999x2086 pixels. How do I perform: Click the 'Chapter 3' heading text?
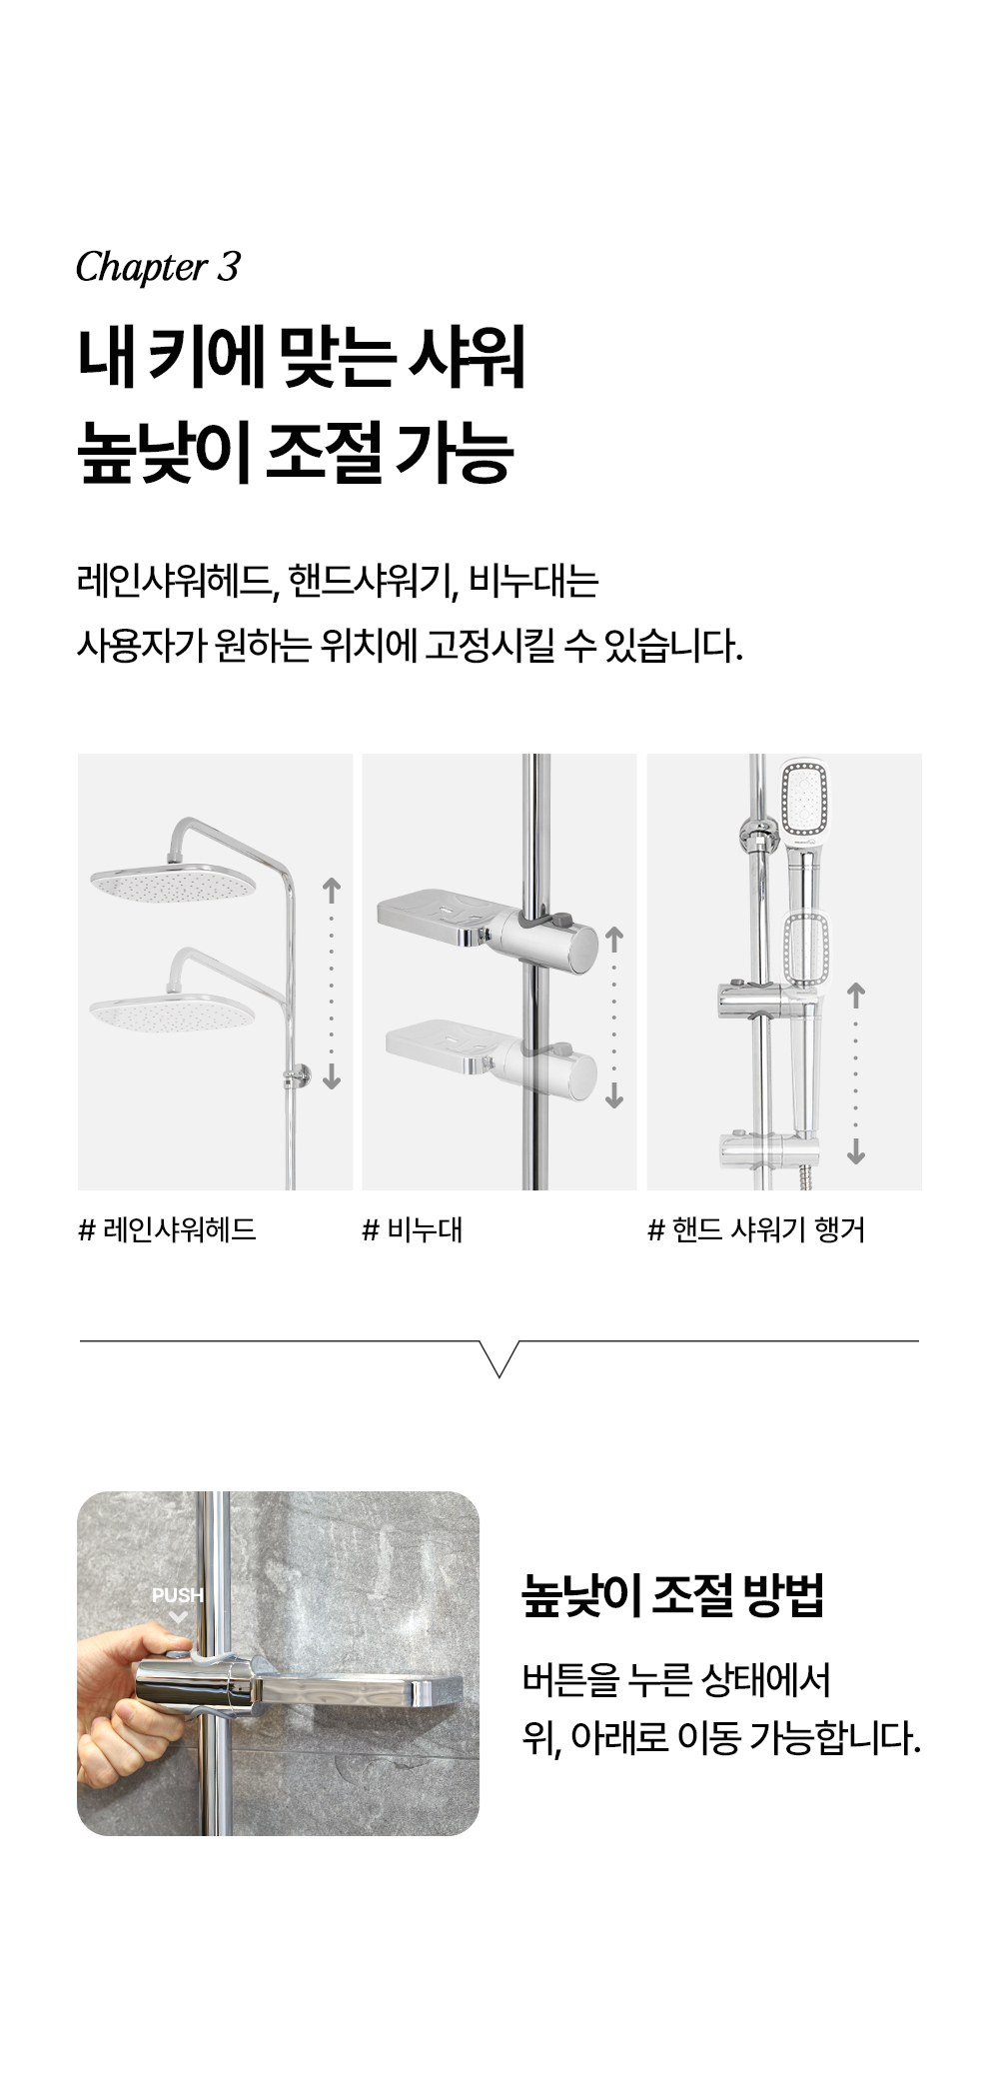pyautogui.click(x=158, y=268)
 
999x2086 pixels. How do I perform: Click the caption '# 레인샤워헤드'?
pyautogui.click(x=167, y=1229)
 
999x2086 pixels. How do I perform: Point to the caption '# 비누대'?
pyautogui.click(x=412, y=1229)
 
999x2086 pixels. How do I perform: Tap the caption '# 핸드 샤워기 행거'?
pyautogui.click(x=756, y=1229)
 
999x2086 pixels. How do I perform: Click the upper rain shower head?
pyautogui.click(x=174, y=880)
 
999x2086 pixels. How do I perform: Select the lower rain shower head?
pyautogui.click(x=172, y=1012)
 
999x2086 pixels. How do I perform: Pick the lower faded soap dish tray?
pyautogui.click(x=443, y=1044)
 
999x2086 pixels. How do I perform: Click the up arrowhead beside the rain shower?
pyautogui.click(x=332, y=885)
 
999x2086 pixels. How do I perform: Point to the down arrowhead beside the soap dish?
pyautogui.click(x=614, y=1099)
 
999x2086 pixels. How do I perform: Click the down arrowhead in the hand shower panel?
pyautogui.click(x=855, y=1155)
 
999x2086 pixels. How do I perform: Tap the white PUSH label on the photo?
pyautogui.click(x=177, y=1595)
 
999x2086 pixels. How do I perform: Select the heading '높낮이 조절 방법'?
pyautogui.click(x=673, y=1596)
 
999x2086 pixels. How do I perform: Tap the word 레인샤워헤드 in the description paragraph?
pyautogui.click(x=177, y=581)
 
